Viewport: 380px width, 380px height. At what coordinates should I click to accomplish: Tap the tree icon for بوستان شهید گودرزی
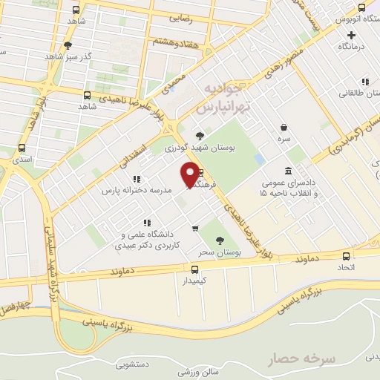click(200, 135)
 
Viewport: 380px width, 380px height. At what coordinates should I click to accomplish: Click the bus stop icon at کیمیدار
click(195, 269)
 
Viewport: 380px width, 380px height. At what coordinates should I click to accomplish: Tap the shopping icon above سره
click(284, 126)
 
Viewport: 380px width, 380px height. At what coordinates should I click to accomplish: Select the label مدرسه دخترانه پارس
click(137, 190)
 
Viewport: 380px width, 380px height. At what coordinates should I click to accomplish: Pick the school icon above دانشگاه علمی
click(148, 222)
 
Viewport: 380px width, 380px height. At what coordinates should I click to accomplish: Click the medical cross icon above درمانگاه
click(351, 34)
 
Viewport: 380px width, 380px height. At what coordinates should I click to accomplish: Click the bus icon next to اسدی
click(22, 147)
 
